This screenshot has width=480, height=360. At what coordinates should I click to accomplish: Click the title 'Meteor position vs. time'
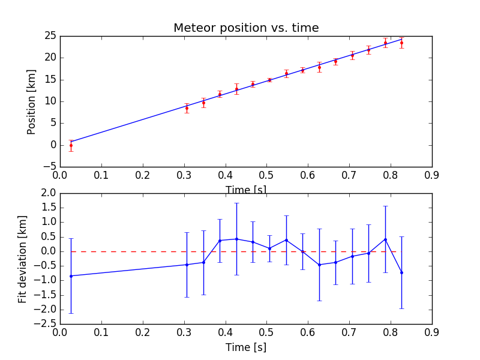pyautogui.click(x=246, y=28)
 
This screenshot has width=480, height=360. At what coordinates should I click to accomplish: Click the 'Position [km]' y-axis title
pyautogui.click(x=31, y=101)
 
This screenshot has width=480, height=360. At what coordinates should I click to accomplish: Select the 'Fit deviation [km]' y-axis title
pyautogui.click(x=23, y=258)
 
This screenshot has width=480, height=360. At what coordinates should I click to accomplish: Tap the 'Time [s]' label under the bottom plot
pyautogui.click(x=246, y=347)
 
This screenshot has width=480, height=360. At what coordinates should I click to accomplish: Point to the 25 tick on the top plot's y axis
pyautogui.click(x=50, y=36)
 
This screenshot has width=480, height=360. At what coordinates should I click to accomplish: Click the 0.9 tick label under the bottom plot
pyautogui.click(x=432, y=332)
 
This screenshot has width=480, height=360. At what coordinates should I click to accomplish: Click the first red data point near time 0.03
pyautogui.click(x=71, y=145)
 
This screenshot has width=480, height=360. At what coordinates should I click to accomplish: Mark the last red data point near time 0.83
pyautogui.click(x=401, y=43)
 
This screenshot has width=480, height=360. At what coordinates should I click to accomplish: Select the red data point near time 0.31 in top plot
pyautogui.click(x=187, y=108)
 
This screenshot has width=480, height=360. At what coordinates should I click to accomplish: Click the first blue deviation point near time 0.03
pyautogui.click(x=71, y=276)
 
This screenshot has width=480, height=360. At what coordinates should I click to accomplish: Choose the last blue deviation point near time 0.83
pyautogui.click(x=401, y=272)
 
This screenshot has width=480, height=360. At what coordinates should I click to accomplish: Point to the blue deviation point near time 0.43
pyautogui.click(x=236, y=239)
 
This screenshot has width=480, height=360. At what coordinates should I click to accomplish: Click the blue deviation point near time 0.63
pyautogui.click(x=319, y=265)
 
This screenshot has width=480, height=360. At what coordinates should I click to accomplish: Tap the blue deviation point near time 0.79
pyautogui.click(x=385, y=239)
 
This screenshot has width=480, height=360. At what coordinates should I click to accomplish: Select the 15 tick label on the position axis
pyautogui.click(x=50, y=80)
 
